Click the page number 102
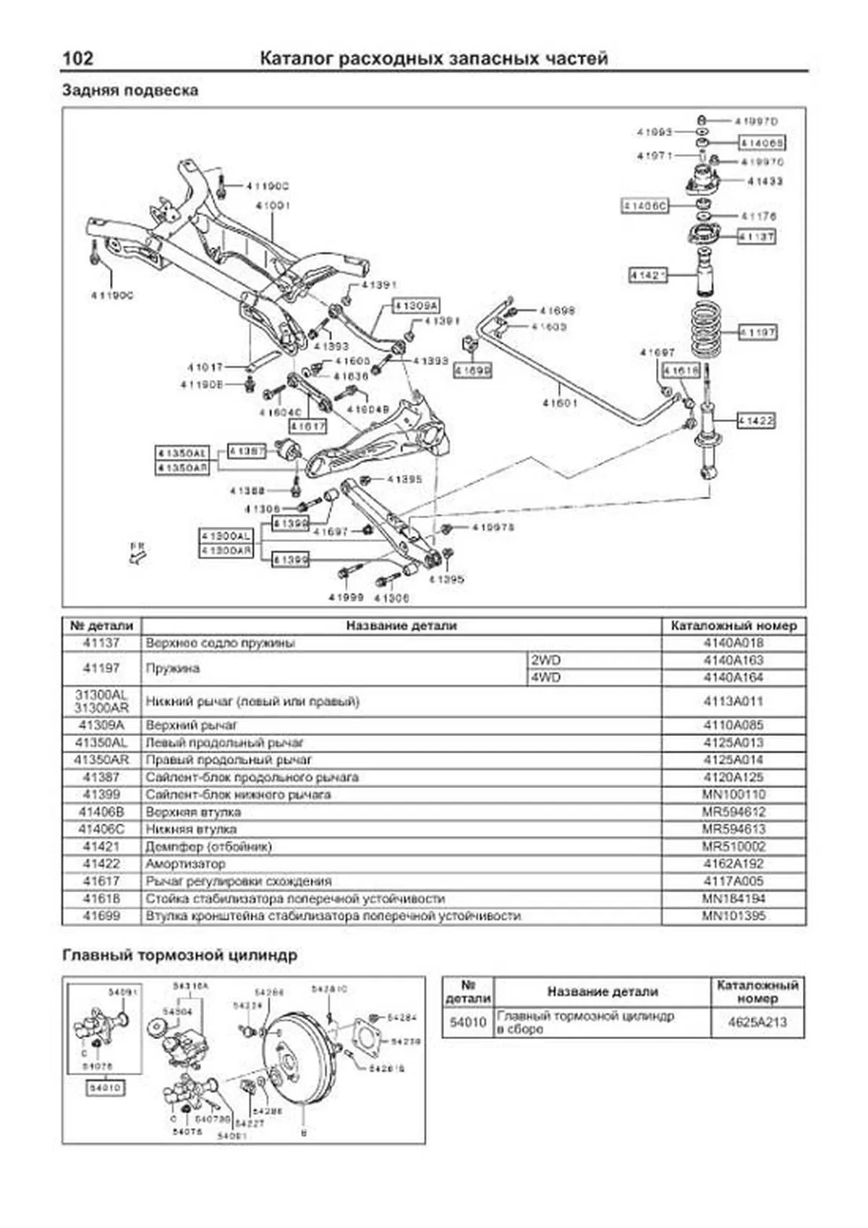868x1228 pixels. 77,59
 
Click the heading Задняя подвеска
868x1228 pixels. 130,91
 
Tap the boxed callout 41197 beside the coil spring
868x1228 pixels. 757,332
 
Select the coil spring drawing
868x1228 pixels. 711,331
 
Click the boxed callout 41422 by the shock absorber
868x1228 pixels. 756,420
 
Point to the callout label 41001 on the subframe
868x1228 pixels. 273,206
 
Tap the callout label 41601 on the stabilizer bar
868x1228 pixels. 560,403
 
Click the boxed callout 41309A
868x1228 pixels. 416,306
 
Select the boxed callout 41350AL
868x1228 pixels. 182,453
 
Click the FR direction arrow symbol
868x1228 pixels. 137,554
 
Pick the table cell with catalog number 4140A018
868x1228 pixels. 733,643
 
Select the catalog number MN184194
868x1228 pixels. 733,899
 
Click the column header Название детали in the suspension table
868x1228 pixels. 401,625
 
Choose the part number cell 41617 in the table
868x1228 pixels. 101,881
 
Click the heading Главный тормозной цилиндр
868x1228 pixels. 179,956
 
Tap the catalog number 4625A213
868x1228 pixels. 757,1022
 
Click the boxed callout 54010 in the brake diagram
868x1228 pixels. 105,1088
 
